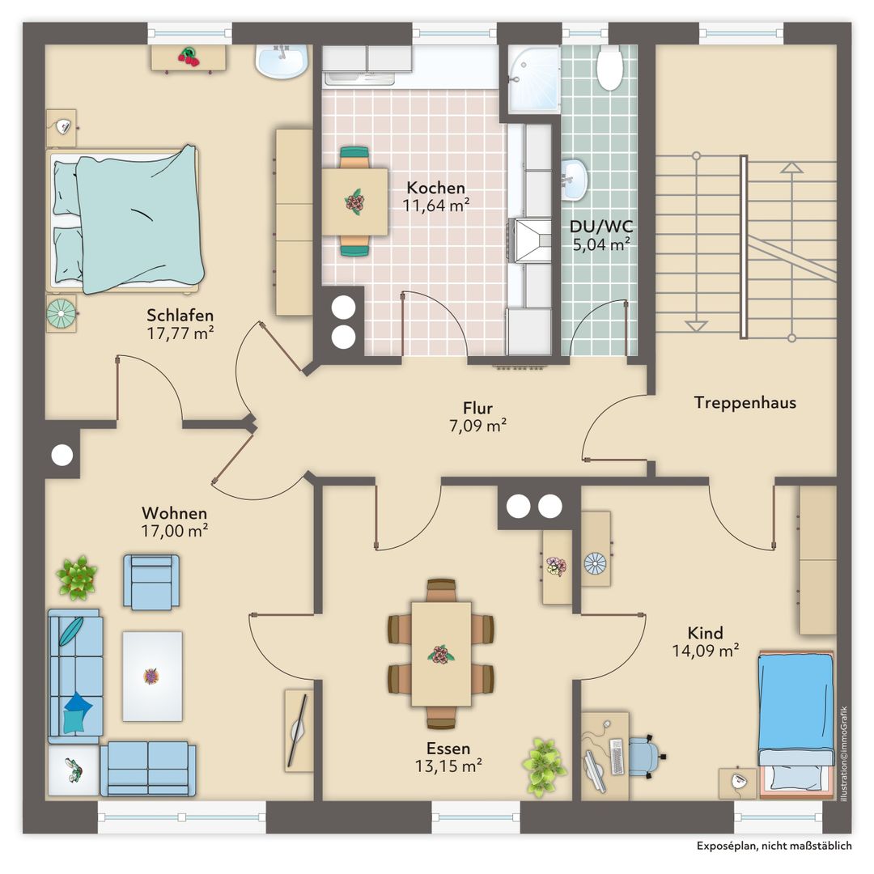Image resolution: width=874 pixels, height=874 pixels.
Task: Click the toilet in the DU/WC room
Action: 609,67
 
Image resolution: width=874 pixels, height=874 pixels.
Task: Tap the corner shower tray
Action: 534,78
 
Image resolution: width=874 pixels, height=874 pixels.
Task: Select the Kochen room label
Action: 436,187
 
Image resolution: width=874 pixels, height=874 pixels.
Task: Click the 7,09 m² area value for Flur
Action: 477,426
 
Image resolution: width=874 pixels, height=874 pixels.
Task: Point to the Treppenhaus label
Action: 745,402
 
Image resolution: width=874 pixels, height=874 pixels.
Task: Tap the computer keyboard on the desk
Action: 616,757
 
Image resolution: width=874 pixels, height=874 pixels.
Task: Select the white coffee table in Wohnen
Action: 152,676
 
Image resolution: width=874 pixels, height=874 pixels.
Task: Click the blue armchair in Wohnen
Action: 151,581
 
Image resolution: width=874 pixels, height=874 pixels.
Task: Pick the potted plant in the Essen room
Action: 544,766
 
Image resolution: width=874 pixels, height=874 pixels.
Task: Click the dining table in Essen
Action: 441,654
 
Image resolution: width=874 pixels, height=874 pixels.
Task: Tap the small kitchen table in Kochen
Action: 354,202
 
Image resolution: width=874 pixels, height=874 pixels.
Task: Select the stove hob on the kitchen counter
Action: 529,240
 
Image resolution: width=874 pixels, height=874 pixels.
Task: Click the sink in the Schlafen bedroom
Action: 282,62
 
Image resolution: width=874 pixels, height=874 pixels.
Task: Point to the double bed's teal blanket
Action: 139,219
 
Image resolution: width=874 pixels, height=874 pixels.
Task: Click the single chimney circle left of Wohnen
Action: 62,455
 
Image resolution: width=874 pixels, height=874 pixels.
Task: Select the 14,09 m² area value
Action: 705,651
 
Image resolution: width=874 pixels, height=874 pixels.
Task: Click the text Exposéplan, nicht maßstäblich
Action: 774,846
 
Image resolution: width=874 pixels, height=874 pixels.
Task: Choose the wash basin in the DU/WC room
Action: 574,179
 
